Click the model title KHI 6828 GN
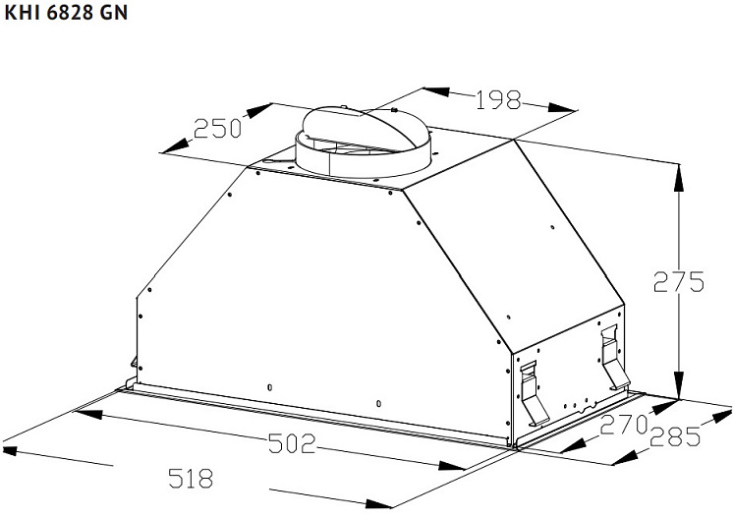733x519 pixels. click(x=66, y=12)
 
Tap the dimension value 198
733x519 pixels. click(x=498, y=99)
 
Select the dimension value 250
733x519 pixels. click(x=217, y=128)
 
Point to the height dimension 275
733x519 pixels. click(x=678, y=281)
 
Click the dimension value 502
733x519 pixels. click(x=292, y=443)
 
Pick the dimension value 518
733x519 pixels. click(x=191, y=479)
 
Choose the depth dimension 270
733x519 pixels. click(x=624, y=424)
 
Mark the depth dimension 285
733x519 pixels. click(x=675, y=436)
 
